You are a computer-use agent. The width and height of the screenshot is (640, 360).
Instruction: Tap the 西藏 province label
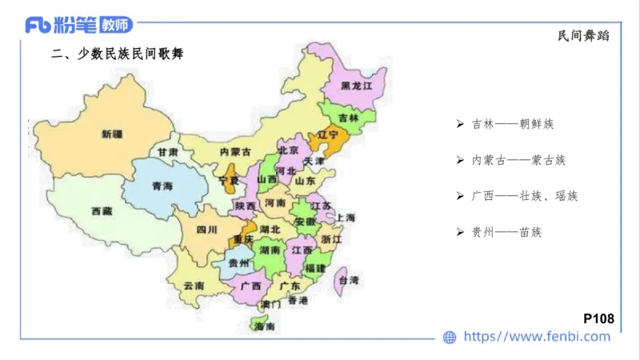point(102,211)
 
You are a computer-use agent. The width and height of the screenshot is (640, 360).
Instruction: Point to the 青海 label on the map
point(162,186)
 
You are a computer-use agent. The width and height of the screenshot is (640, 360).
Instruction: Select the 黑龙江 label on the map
point(357,85)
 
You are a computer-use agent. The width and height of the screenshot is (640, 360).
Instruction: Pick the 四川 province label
point(206,230)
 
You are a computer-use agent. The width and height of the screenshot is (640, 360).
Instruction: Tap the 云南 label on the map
point(194,286)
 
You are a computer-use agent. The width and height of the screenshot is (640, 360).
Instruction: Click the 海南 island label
point(264,327)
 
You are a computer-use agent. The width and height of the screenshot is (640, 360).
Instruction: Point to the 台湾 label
point(349,280)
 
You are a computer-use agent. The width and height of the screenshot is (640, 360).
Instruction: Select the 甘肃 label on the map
point(167,151)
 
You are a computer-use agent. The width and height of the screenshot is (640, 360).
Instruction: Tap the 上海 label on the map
point(346,218)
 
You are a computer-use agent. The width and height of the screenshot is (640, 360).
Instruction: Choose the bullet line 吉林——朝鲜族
point(513,125)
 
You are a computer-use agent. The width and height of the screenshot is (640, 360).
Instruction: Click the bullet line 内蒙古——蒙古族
point(518,160)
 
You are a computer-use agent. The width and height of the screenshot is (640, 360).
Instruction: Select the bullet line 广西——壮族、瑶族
point(524,196)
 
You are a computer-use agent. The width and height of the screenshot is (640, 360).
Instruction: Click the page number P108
point(598,318)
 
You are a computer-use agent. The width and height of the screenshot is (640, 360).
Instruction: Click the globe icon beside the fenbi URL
point(450,338)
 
